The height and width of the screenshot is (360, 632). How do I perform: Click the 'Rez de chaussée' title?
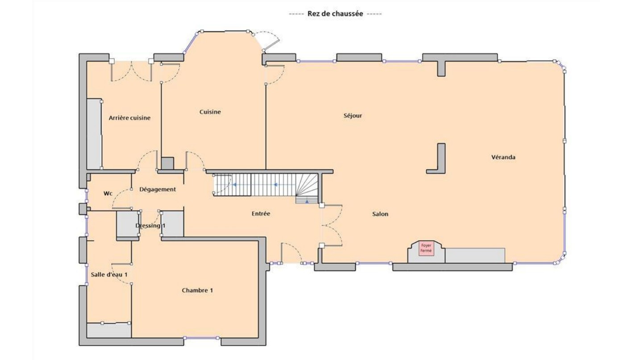[x=335, y=13]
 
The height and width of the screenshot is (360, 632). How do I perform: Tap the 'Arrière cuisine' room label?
[x=129, y=118]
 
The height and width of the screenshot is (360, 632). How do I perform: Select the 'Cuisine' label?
[x=210, y=112]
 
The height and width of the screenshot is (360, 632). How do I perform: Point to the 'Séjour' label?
[x=353, y=116]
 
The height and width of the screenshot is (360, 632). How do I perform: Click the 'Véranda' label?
[x=503, y=157]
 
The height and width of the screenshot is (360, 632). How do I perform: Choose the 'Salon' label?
[x=380, y=214]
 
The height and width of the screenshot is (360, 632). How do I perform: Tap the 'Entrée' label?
[x=261, y=213]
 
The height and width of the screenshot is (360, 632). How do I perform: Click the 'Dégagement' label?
[x=158, y=189]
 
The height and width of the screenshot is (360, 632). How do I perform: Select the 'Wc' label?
[x=108, y=193]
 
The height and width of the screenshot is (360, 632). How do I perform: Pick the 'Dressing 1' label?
[x=150, y=226]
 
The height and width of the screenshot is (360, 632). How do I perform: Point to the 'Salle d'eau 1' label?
[x=109, y=274]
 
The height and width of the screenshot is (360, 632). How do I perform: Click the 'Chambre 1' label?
[x=197, y=290]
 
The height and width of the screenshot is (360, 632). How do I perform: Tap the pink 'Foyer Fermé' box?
[x=426, y=248]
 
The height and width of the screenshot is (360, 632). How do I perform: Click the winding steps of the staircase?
[x=307, y=188]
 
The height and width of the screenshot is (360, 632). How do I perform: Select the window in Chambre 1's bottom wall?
[x=201, y=338]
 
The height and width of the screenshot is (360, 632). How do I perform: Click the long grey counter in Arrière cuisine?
[x=94, y=134]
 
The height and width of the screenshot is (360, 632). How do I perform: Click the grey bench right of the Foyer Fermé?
[x=475, y=255]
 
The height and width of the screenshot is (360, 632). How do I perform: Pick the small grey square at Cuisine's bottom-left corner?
[x=167, y=163]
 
